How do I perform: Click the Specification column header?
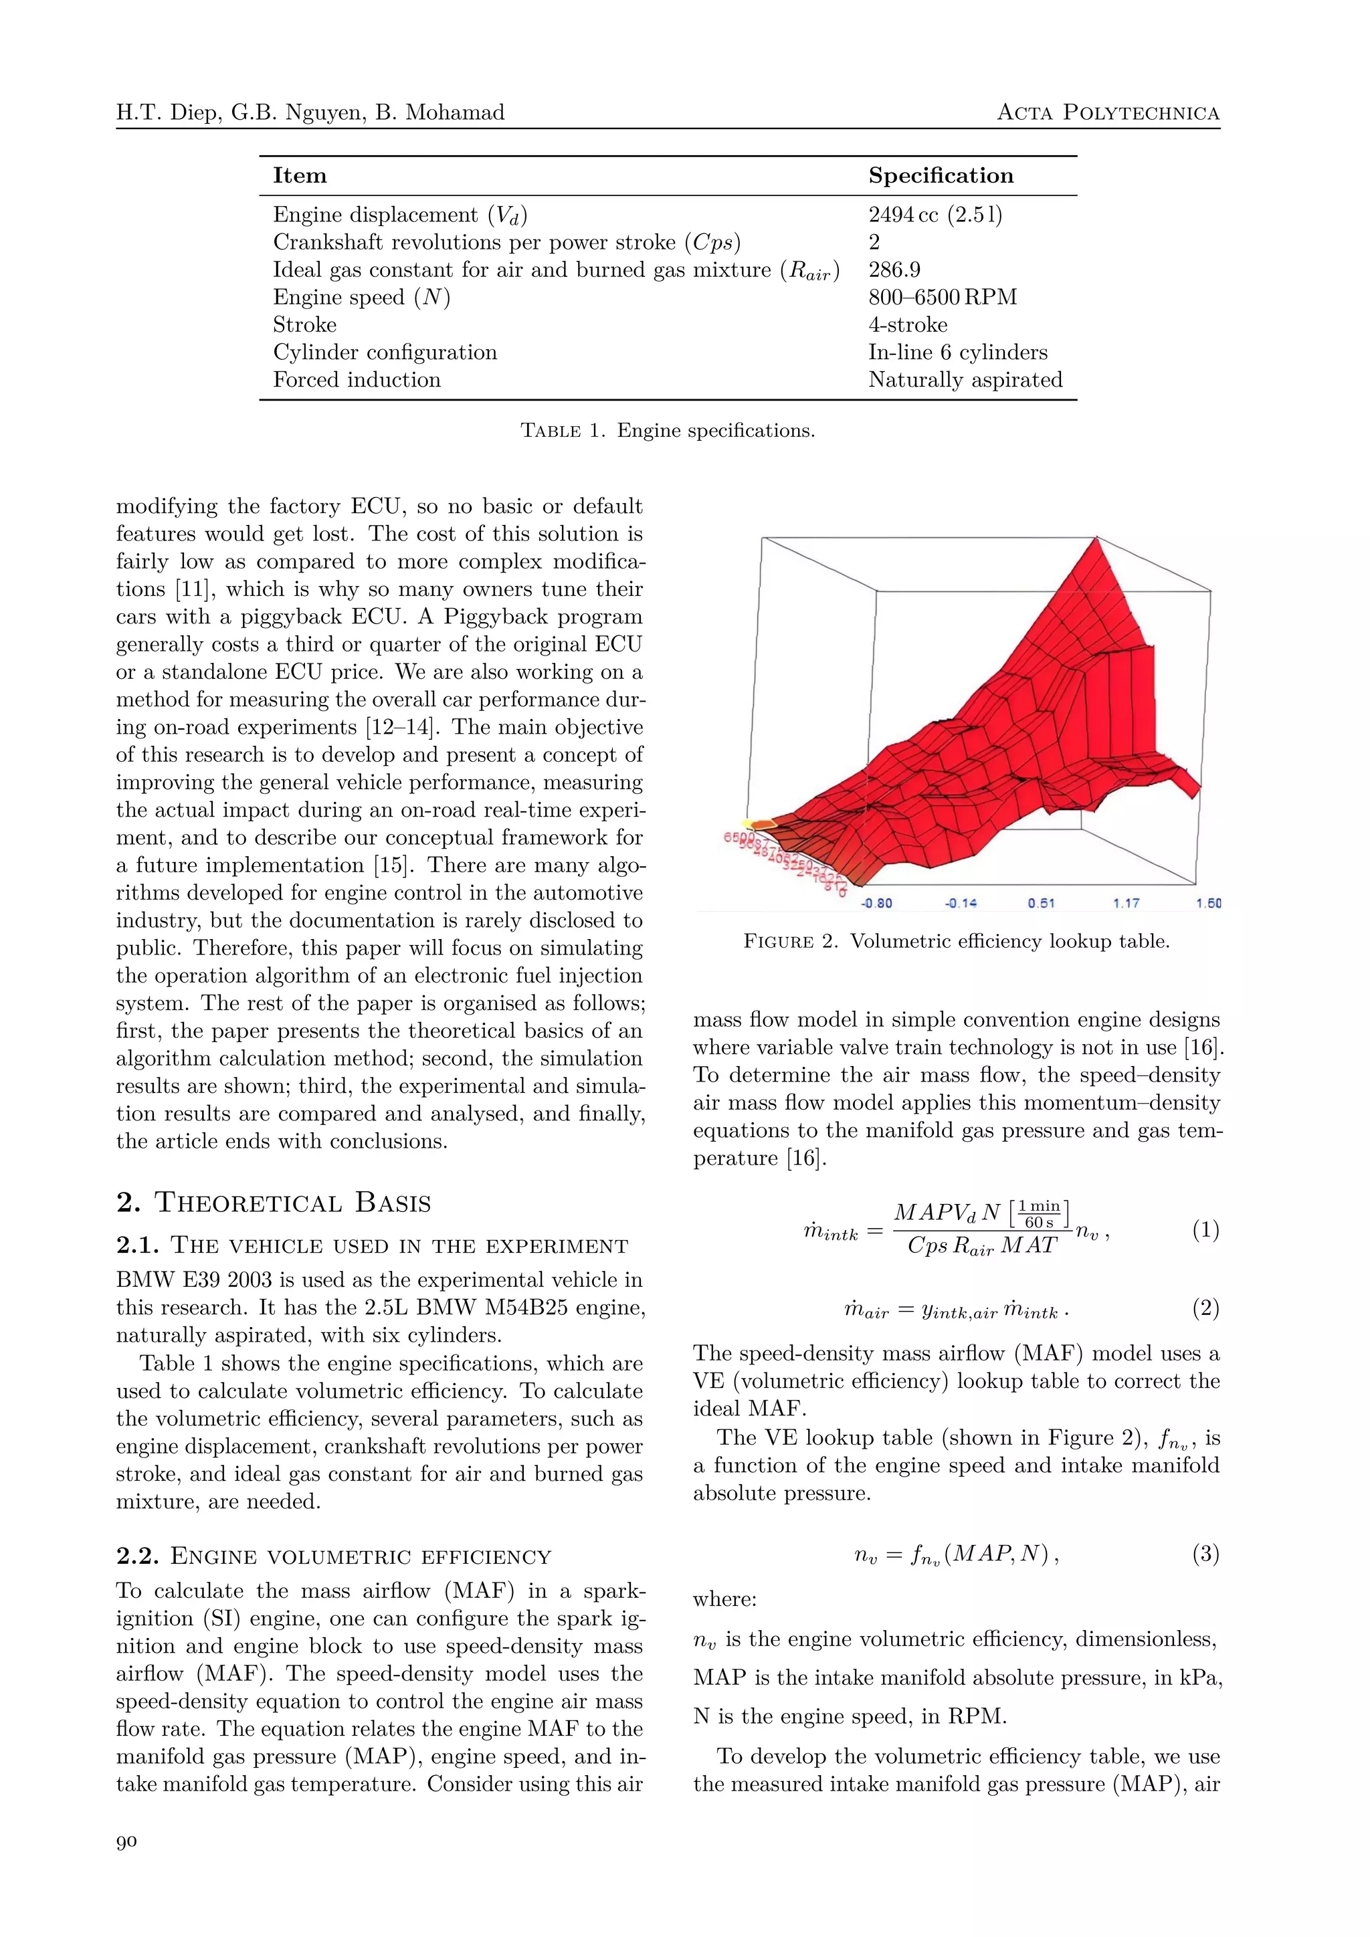(941, 175)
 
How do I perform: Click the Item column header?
(300, 175)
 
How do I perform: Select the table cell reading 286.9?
(894, 270)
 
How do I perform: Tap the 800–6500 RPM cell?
(943, 297)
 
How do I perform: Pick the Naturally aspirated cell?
(965, 380)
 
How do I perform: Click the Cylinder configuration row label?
(385, 352)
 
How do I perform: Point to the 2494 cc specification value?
(935, 215)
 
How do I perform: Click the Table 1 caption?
(668, 430)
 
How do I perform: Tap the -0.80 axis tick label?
(876, 904)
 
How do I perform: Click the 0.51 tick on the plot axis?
(1041, 904)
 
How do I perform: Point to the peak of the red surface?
(1096, 540)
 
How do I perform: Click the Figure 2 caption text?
(956, 942)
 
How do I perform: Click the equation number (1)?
(1205, 1230)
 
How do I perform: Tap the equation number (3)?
(1205, 1554)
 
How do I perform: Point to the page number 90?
(126, 1841)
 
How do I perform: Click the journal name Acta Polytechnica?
(1108, 113)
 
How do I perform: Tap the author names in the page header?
(310, 113)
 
